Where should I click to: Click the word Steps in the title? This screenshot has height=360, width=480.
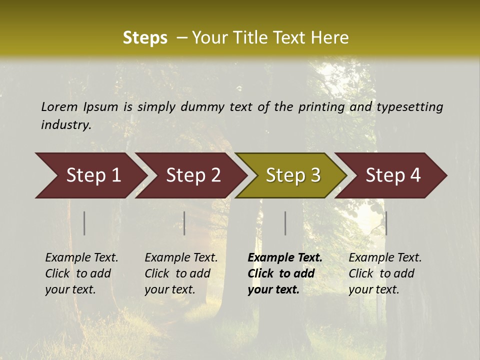coord(145,38)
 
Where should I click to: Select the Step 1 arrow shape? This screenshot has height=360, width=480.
coord(90,175)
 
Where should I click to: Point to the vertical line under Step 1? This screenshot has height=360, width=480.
coord(84,223)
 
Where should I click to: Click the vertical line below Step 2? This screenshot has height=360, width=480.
coord(184,223)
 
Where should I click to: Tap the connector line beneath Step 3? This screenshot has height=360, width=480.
coord(285,223)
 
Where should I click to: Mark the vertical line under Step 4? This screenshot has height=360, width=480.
coord(386,223)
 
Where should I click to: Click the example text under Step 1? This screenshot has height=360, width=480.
coord(81,273)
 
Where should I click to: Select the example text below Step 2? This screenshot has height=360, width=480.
coord(181,273)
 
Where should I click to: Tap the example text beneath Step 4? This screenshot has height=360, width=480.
coord(385,273)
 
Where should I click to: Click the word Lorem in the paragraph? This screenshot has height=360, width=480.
coord(59,107)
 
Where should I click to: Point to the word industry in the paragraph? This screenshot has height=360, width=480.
coord(66,125)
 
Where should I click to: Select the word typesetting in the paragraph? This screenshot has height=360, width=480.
coord(409,107)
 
